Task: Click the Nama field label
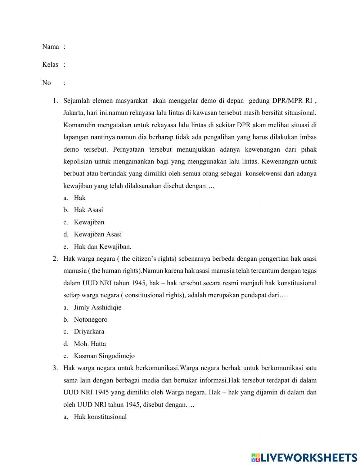50,46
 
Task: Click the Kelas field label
50,64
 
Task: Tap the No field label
46,82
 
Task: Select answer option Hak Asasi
88,210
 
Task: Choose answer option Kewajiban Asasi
98,234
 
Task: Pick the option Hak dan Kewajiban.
103,246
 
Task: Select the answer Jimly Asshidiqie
98,307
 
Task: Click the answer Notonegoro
90,319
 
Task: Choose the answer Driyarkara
89,331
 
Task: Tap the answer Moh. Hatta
90,344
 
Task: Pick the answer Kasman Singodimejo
104,356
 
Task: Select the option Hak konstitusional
100,417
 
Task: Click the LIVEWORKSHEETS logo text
309,457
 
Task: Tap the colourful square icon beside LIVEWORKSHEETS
255,457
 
